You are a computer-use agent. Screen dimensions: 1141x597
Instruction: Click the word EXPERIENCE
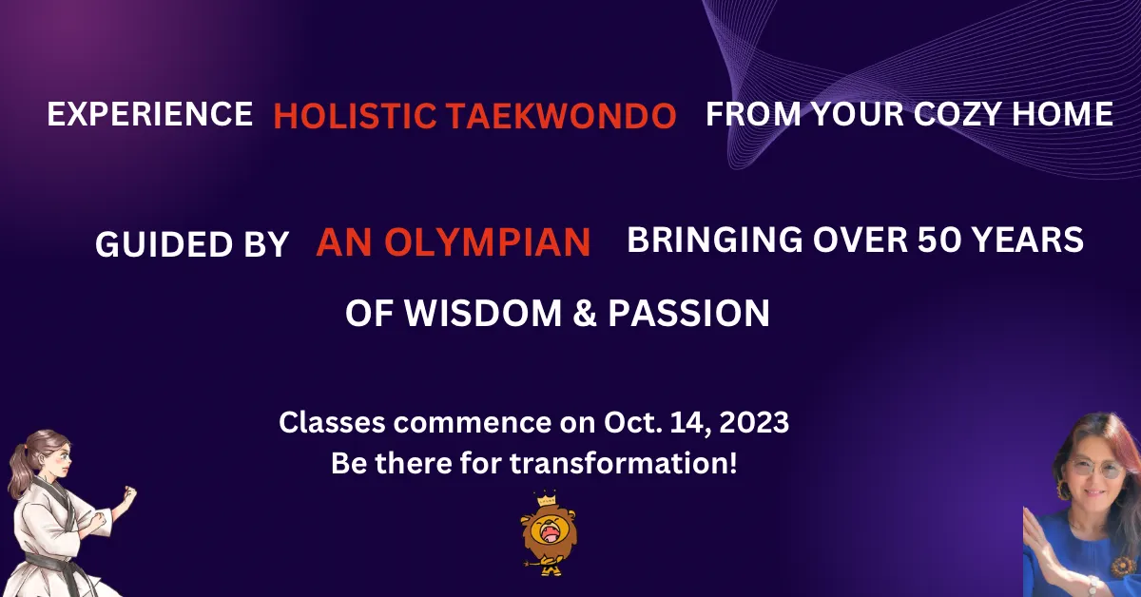pyautogui.click(x=150, y=113)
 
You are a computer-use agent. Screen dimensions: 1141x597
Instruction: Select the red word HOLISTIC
pyautogui.click(x=355, y=116)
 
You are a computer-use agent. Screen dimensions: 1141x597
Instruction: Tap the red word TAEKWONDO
pyautogui.click(x=562, y=116)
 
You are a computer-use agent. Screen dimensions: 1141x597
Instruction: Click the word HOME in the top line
pyautogui.click(x=1063, y=113)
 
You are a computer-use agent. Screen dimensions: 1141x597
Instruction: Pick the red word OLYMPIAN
pyautogui.click(x=488, y=242)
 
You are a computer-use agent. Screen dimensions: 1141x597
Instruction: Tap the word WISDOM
pyautogui.click(x=483, y=313)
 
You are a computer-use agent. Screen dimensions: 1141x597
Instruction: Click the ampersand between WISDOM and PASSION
pyautogui.click(x=585, y=313)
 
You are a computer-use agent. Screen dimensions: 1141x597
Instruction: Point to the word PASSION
pyautogui.click(x=688, y=313)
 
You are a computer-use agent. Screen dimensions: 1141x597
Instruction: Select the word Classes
pyautogui.click(x=332, y=422)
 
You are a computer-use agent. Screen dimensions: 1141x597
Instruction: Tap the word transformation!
pyautogui.click(x=624, y=463)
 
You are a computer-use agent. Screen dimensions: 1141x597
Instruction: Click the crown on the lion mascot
pyautogui.click(x=547, y=498)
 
